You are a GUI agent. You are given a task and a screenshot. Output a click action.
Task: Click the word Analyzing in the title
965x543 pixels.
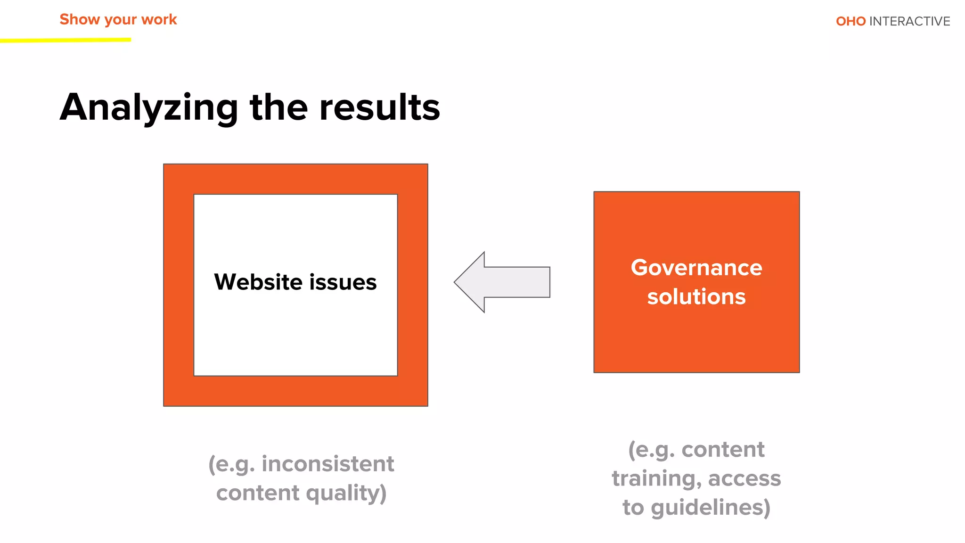[149, 107]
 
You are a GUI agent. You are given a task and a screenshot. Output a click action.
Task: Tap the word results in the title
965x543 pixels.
[379, 107]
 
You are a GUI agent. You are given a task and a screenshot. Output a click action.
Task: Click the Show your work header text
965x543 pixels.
[118, 19]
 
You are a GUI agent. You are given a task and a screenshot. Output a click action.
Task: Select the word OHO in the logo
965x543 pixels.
[851, 21]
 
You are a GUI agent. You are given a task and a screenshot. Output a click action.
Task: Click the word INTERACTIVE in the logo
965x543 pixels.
[909, 21]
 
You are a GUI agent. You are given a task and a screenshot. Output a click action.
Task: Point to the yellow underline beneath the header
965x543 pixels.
[65, 41]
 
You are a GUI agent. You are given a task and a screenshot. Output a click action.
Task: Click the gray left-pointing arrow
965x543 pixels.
[502, 282]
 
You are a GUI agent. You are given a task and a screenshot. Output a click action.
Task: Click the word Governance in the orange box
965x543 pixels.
[696, 267]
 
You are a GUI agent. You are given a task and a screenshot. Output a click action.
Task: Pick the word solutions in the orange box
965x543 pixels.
[696, 296]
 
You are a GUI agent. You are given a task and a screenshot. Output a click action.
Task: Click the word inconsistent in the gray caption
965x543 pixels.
[327, 464]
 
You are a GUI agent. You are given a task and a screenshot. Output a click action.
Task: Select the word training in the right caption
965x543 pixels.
[656, 478]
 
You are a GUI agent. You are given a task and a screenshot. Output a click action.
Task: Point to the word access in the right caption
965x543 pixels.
[744, 478]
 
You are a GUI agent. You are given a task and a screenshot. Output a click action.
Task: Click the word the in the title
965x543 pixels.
[279, 107]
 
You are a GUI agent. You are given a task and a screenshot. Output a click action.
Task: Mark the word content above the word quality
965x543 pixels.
[258, 493]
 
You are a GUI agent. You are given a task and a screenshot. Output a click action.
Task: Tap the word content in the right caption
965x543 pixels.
[723, 449]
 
